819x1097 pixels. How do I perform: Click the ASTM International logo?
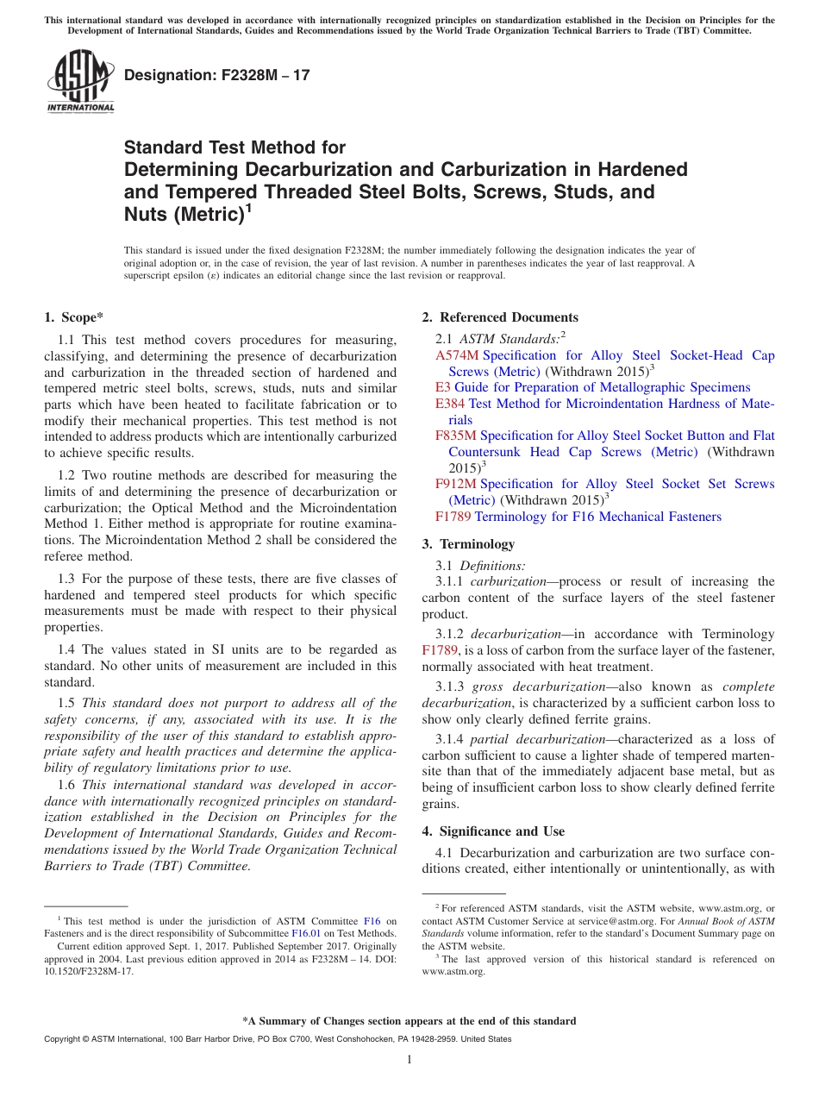(80, 81)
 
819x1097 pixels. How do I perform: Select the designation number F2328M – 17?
(216, 76)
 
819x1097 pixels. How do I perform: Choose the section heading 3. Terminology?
(468, 544)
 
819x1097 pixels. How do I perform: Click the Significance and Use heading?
(493, 831)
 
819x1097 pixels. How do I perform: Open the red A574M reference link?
(456, 355)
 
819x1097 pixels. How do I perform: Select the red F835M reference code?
(456, 436)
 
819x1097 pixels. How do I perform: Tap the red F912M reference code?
(456, 484)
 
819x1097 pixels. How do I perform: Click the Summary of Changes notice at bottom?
(409, 1021)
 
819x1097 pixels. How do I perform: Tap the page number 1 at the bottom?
(409, 1060)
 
